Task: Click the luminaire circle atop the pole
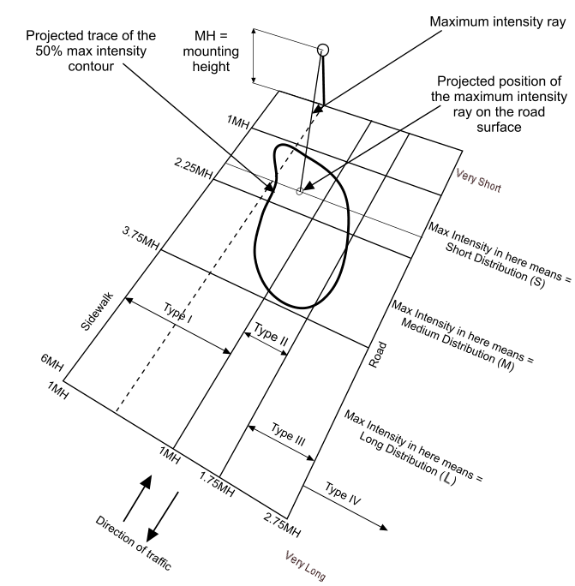point(323,50)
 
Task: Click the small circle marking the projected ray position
point(299,191)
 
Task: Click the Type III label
point(288,434)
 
